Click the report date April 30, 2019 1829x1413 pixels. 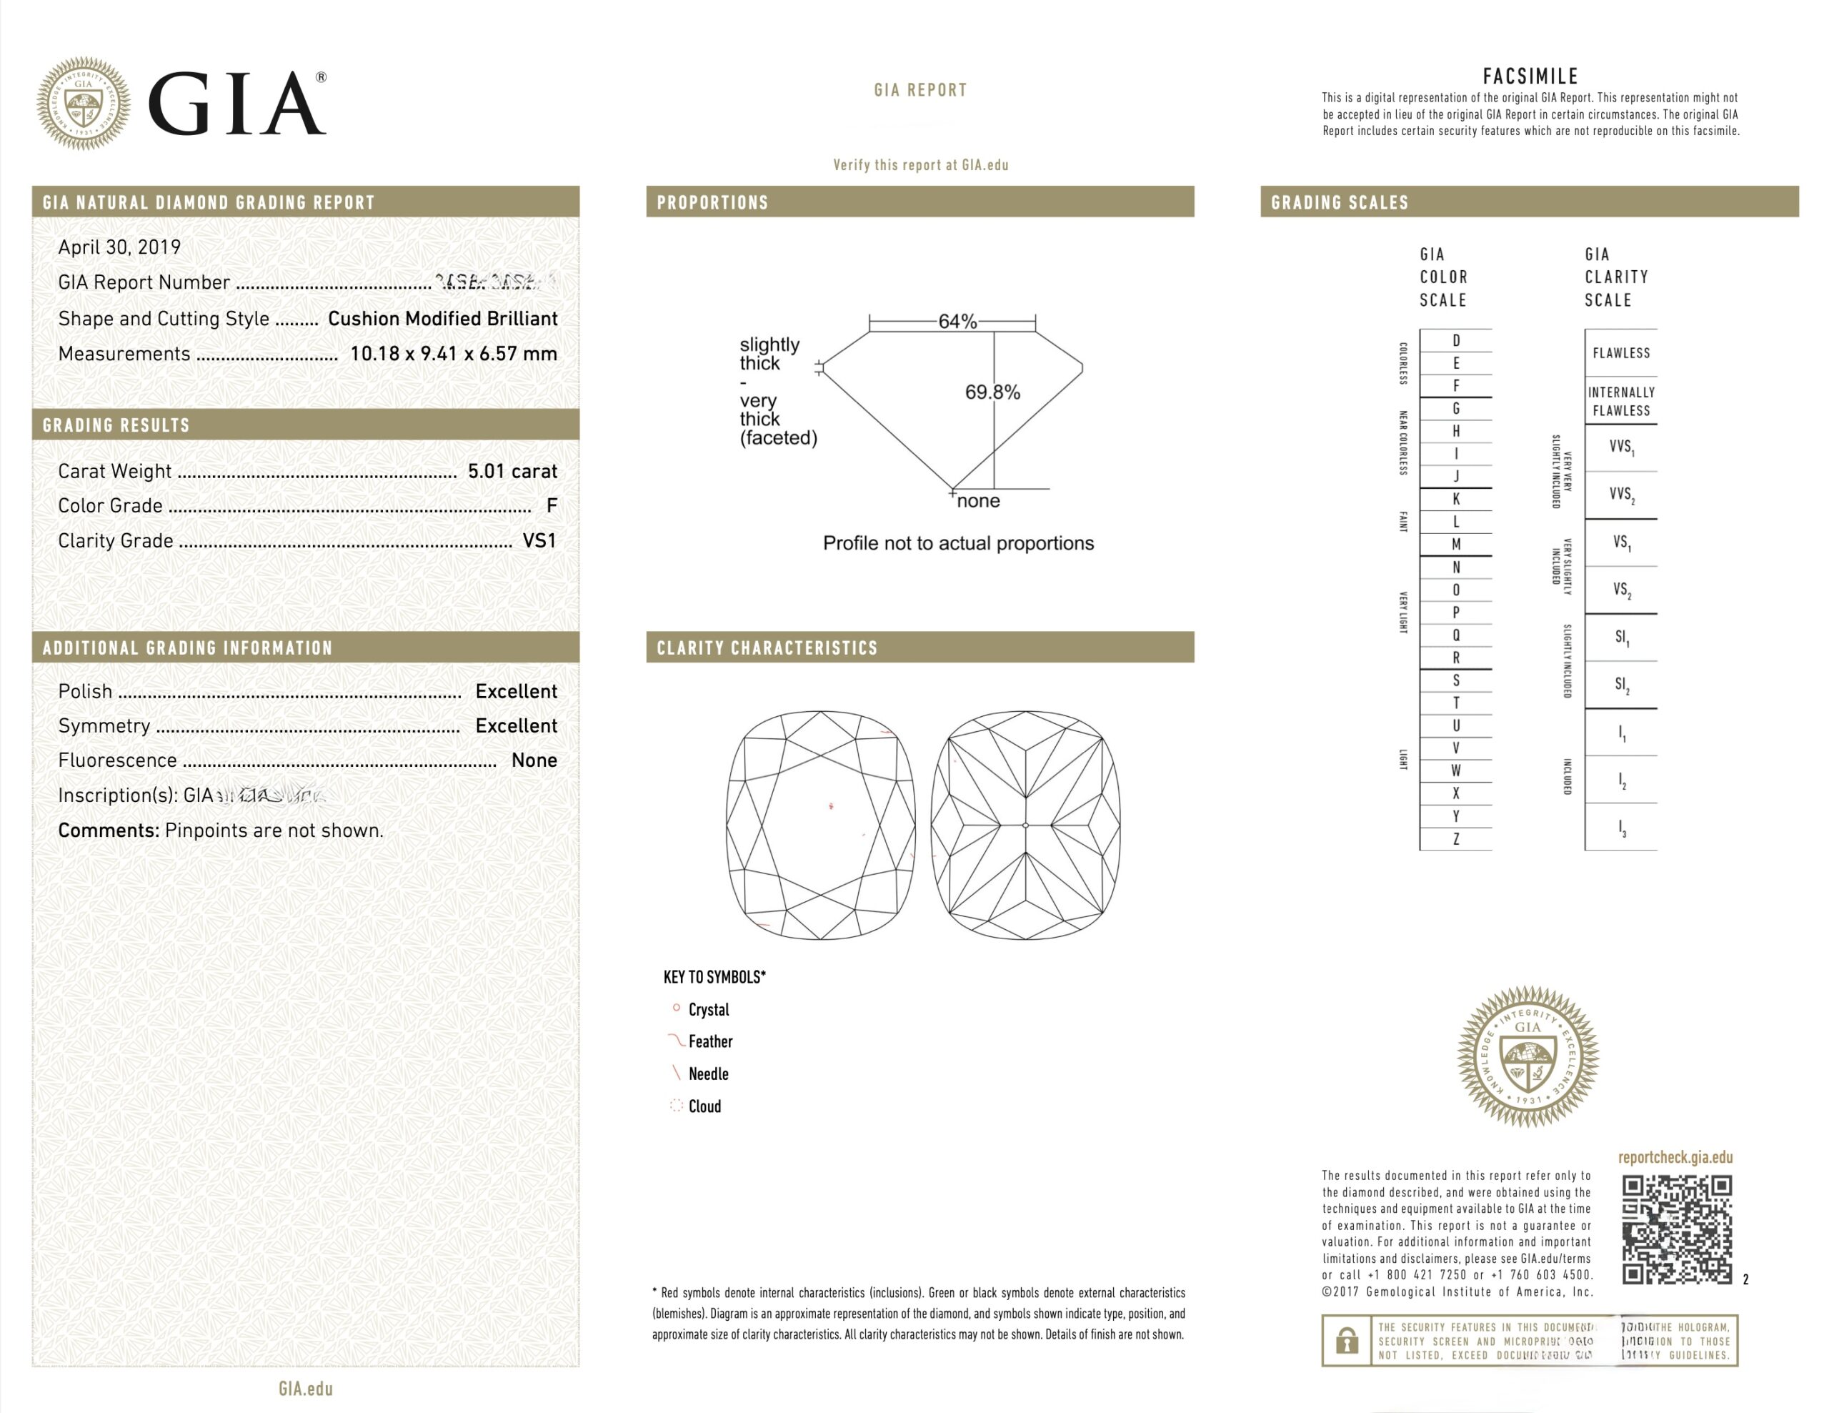tap(119, 247)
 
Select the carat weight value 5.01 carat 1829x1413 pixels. tap(512, 472)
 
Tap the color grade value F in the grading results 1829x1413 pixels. tap(551, 506)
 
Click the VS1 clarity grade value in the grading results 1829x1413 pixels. tap(539, 541)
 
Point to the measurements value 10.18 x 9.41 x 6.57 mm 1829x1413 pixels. tap(453, 354)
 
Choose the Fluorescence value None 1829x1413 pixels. tap(534, 760)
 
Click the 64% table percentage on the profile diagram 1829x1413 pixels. tap(957, 322)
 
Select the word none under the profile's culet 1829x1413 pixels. tap(977, 501)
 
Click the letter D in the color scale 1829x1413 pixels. tap(1455, 341)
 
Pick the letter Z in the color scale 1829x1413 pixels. tap(1455, 838)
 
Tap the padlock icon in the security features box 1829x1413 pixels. tap(1346, 1340)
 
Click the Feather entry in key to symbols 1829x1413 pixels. tap(709, 1042)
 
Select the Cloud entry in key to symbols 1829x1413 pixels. tap(704, 1106)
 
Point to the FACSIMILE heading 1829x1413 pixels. tap(1529, 77)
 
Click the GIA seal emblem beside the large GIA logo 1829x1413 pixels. tap(83, 103)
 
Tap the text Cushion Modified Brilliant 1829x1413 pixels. tap(442, 318)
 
